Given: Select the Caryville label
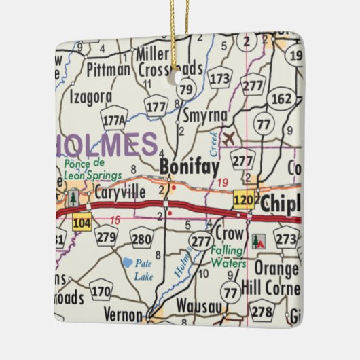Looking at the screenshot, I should click(120, 193).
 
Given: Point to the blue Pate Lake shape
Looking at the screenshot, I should click(127, 262).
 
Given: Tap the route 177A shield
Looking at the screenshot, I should click(114, 121).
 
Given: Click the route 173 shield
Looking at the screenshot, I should click(219, 79).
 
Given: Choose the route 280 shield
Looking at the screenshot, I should click(141, 238).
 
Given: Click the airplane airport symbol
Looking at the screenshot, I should click(230, 139).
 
